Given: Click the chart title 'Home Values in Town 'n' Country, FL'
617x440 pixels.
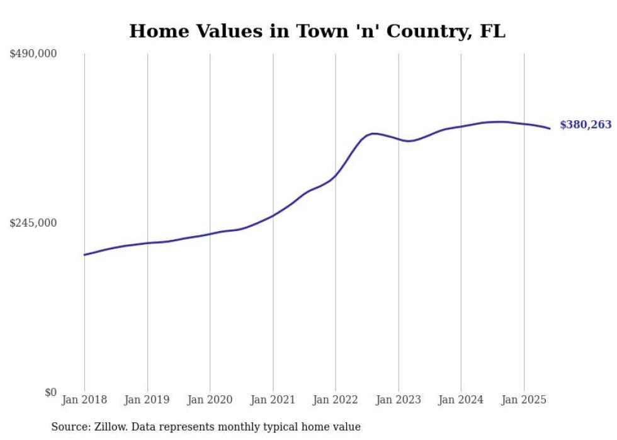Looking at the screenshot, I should pos(317,31).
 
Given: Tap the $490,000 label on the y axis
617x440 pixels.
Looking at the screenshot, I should pos(33,54).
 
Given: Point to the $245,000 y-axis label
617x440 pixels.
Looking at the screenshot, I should pos(33,223).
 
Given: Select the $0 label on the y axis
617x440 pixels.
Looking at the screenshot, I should pos(50,392).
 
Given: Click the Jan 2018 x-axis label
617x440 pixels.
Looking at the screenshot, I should pos(84,400).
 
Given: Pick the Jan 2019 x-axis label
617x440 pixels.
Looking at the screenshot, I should pos(147,400).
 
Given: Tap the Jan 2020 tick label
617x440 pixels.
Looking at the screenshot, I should pos(210,400).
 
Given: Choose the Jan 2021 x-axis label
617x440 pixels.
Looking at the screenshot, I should pos(273,400).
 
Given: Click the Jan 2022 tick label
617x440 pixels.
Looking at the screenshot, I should pos(336,400).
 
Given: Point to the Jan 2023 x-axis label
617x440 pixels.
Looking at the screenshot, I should pos(398,400).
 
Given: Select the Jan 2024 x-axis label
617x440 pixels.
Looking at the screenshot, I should pos(461,400).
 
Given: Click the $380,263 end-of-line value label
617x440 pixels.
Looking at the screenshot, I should pos(586,125).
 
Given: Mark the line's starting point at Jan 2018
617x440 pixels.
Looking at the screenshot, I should pos(84,255).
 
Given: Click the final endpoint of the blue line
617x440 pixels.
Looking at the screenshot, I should pos(550,128).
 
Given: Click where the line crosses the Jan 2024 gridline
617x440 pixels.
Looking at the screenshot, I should pos(461,127).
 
